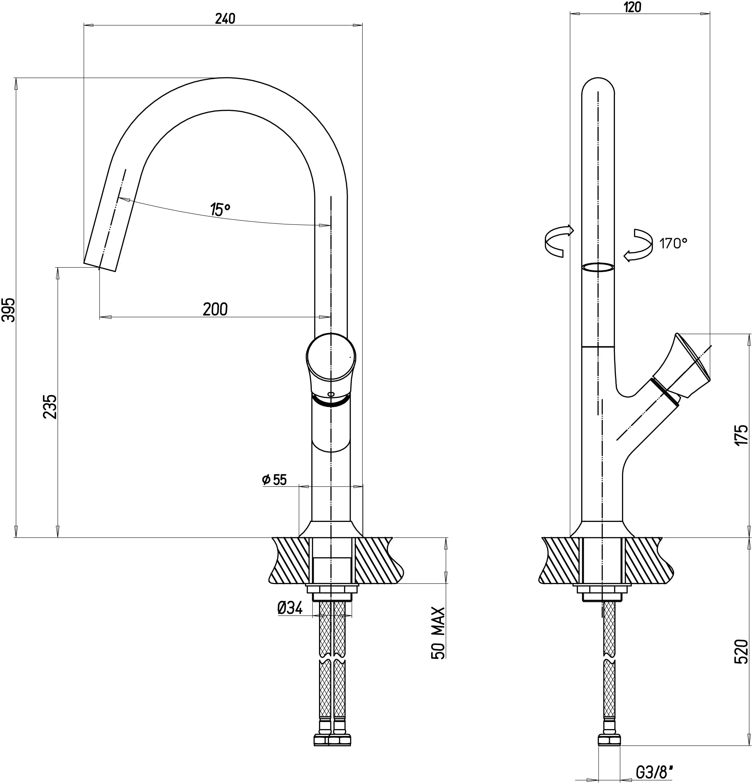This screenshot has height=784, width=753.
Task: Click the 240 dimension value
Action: click(x=225, y=18)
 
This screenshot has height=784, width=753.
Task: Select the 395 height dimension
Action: click(x=9, y=310)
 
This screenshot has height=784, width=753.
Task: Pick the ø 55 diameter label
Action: click(x=275, y=480)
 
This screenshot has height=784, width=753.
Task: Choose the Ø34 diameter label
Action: click(x=290, y=608)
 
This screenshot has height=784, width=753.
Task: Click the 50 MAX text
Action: click(x=438, y=633)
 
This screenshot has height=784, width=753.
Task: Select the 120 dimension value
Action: click(x=632, y=7)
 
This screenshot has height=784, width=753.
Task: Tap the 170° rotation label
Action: click(x=673, y=243)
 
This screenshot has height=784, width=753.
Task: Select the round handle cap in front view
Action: click(x=331, y=357)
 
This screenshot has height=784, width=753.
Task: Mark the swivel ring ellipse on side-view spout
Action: click(x=598, y=267)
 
